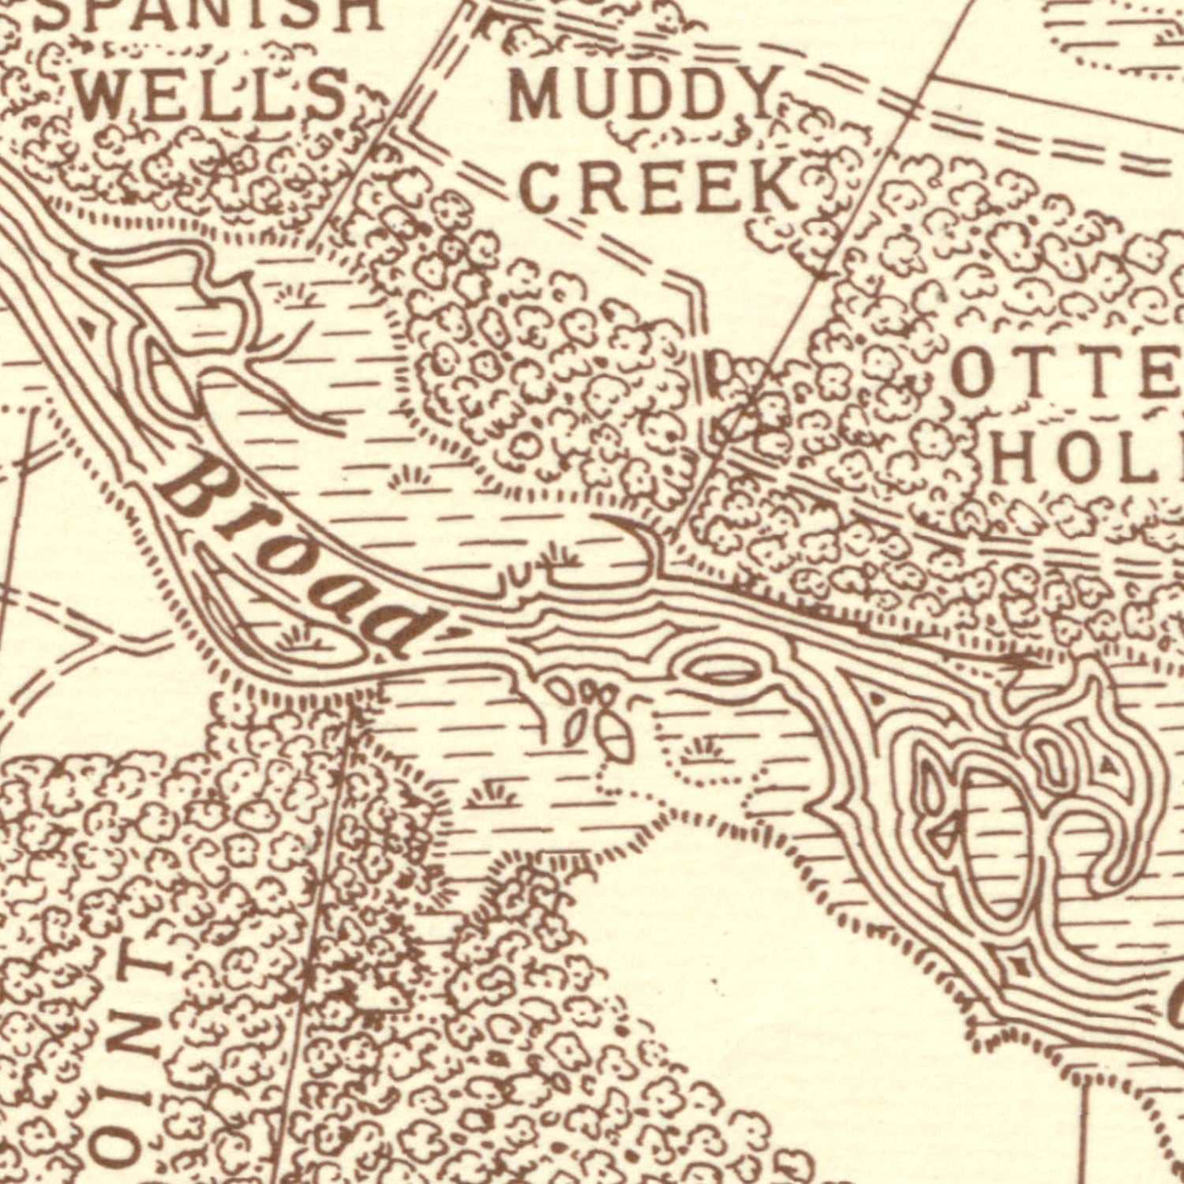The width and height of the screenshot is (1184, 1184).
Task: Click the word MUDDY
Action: [x=641, y=95]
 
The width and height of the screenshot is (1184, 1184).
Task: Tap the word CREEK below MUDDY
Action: [x=661, y=187]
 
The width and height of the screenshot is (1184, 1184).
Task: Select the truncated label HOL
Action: [x=1085, y=460]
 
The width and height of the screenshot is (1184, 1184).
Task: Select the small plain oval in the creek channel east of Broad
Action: [x=725, y=675]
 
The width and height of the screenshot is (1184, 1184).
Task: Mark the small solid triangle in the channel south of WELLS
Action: [x=92, y=325]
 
